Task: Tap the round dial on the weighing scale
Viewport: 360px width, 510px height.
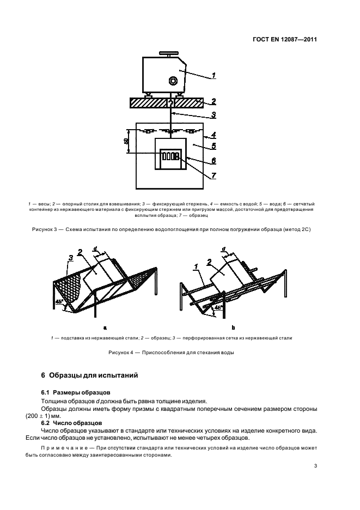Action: (x=174, y=81)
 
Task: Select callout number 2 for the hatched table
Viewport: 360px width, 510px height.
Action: (x=214, y=101)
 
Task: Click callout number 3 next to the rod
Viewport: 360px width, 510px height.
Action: (x=214, y=115)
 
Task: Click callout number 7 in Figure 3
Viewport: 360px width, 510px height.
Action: (x=214, y=175)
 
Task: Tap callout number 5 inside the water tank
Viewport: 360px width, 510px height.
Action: (x=214, y=145)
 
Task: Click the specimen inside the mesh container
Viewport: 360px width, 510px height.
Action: (x=170, y=157)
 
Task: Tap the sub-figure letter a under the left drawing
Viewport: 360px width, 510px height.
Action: (x=103, y=328)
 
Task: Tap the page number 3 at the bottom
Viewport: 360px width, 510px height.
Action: (x=316, y=465)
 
